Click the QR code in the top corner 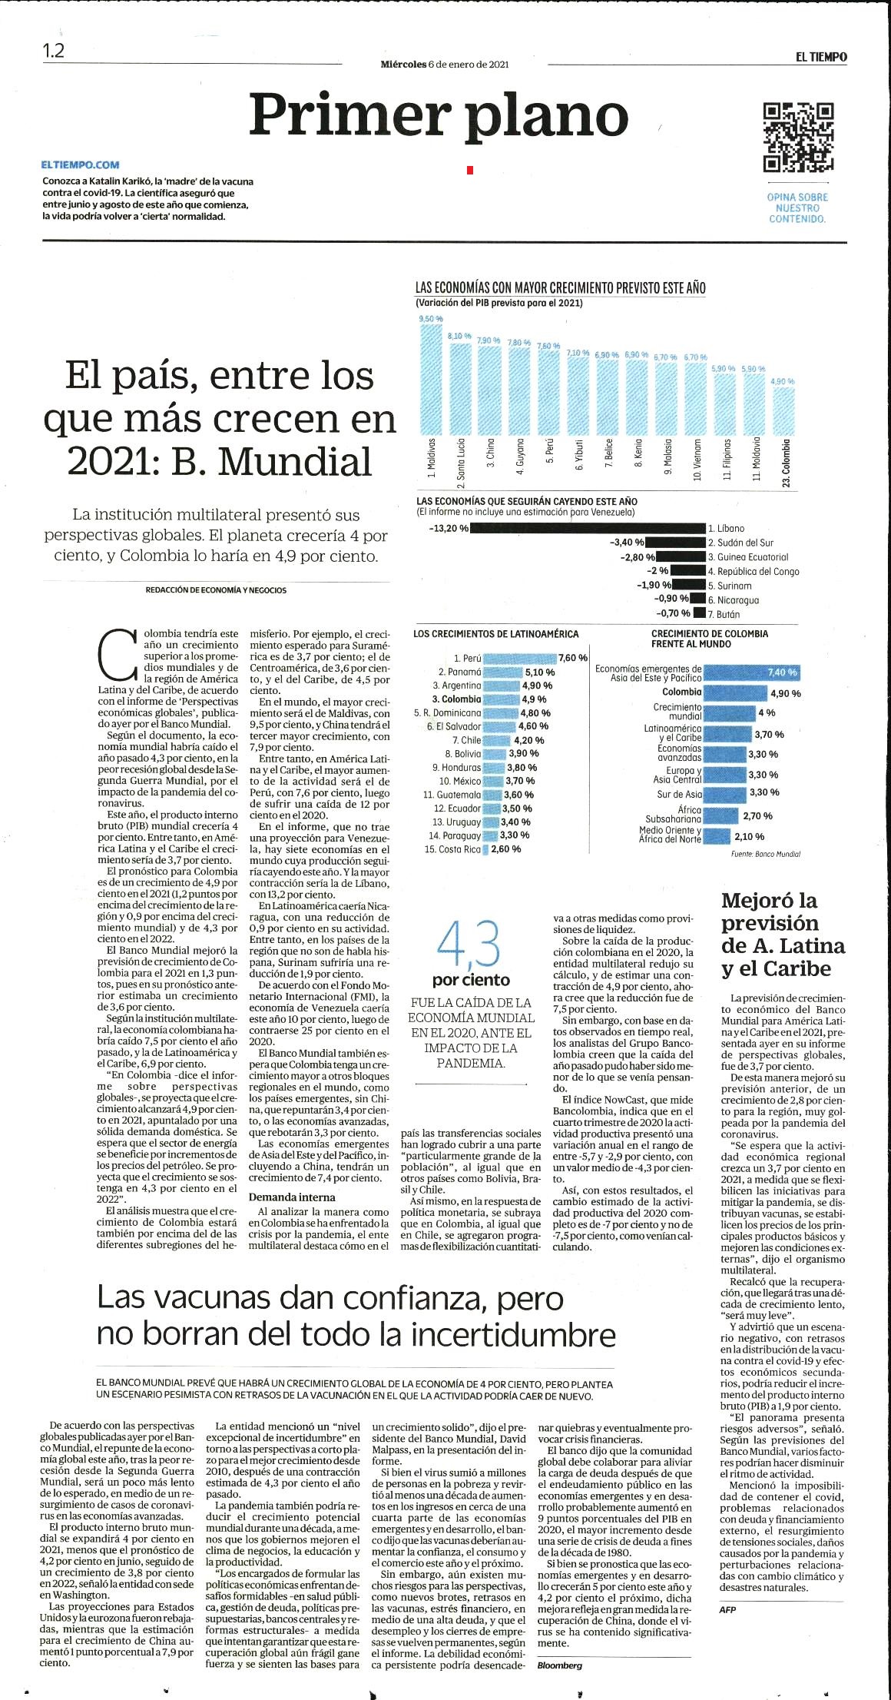[x=798, y=137]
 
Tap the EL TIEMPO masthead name [x=821, y=57]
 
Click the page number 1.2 [x=54, y=51]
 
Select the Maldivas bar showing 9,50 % [x=431, y=379]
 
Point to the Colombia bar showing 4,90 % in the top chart [x=784, y=411]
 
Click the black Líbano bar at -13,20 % [x=588, y=528]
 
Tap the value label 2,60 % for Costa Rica [x=505, y=849]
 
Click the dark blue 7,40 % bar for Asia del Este [x=753, y=672]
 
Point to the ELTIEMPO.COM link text [x=80, y=164]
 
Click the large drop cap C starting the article [x=118, y=655]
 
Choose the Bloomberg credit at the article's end [x=560, y=1665]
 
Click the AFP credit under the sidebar [x=727, y=1609]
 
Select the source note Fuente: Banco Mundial [x=765, y=854]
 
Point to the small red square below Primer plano [x=470, y=170]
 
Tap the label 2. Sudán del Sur [x=740, y=543]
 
